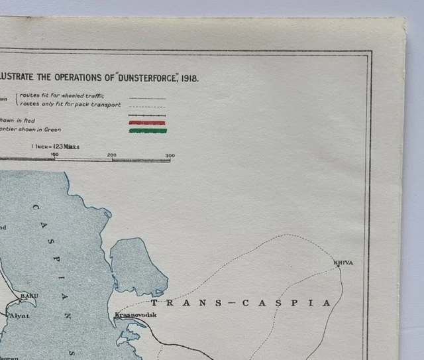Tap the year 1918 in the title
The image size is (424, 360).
(x=188, y=78)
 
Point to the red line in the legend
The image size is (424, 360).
(x=147, y=122)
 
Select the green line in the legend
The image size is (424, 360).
(x=147, y=131)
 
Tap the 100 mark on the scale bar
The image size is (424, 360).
(x=54, y=155)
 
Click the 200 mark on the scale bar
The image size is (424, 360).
(x=112, y=155)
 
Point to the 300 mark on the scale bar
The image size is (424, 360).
(x=169, y=155)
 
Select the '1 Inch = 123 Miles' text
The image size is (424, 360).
(x=55, y=146)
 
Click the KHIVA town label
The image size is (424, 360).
(x=344, y=263)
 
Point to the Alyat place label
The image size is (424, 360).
(x=19, y=316)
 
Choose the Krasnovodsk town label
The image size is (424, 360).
(x=136, y=315)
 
